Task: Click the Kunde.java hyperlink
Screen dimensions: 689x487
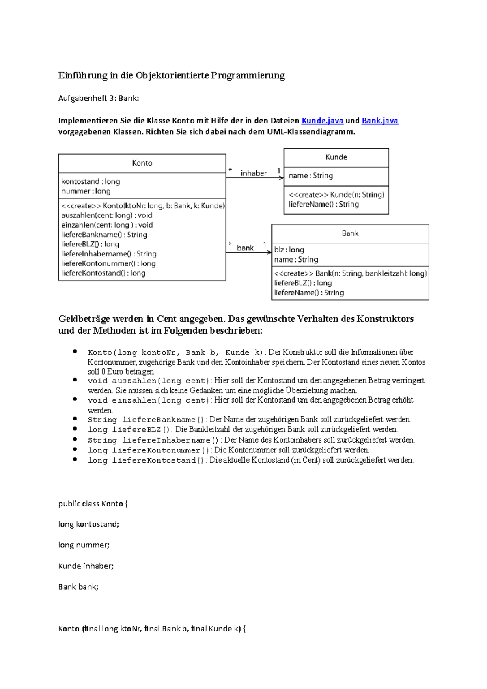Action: [322, 121]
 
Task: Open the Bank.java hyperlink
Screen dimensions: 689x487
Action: [379, 121]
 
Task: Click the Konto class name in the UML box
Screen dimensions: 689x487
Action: [142, 163]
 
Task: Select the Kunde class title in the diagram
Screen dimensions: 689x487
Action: [336, 157]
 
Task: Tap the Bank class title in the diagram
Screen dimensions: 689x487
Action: [350, 233]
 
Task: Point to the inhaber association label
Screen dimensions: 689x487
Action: [253, 173]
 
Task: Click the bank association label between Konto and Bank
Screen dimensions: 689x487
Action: [245, 248]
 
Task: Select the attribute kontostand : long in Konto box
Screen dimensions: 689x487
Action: [91, 181]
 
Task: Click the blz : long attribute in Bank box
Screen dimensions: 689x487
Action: [289, 250]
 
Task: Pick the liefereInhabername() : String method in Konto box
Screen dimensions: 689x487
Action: [109, 254]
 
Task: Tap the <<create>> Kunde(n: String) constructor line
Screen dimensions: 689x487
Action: [336, 195]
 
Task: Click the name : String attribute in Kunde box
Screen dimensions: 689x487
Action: [311, 176]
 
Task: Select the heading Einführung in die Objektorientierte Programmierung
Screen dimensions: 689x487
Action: [171, 75]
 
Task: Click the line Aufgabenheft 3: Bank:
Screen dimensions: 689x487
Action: [99, 98]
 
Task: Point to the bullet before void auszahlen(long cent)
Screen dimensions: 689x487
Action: [75, 380]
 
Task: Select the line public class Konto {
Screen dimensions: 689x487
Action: [93, 504]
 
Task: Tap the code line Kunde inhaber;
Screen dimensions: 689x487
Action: [86, 566]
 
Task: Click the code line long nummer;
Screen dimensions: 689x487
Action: [84, 545]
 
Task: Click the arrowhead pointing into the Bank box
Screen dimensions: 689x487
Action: [269, 252]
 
